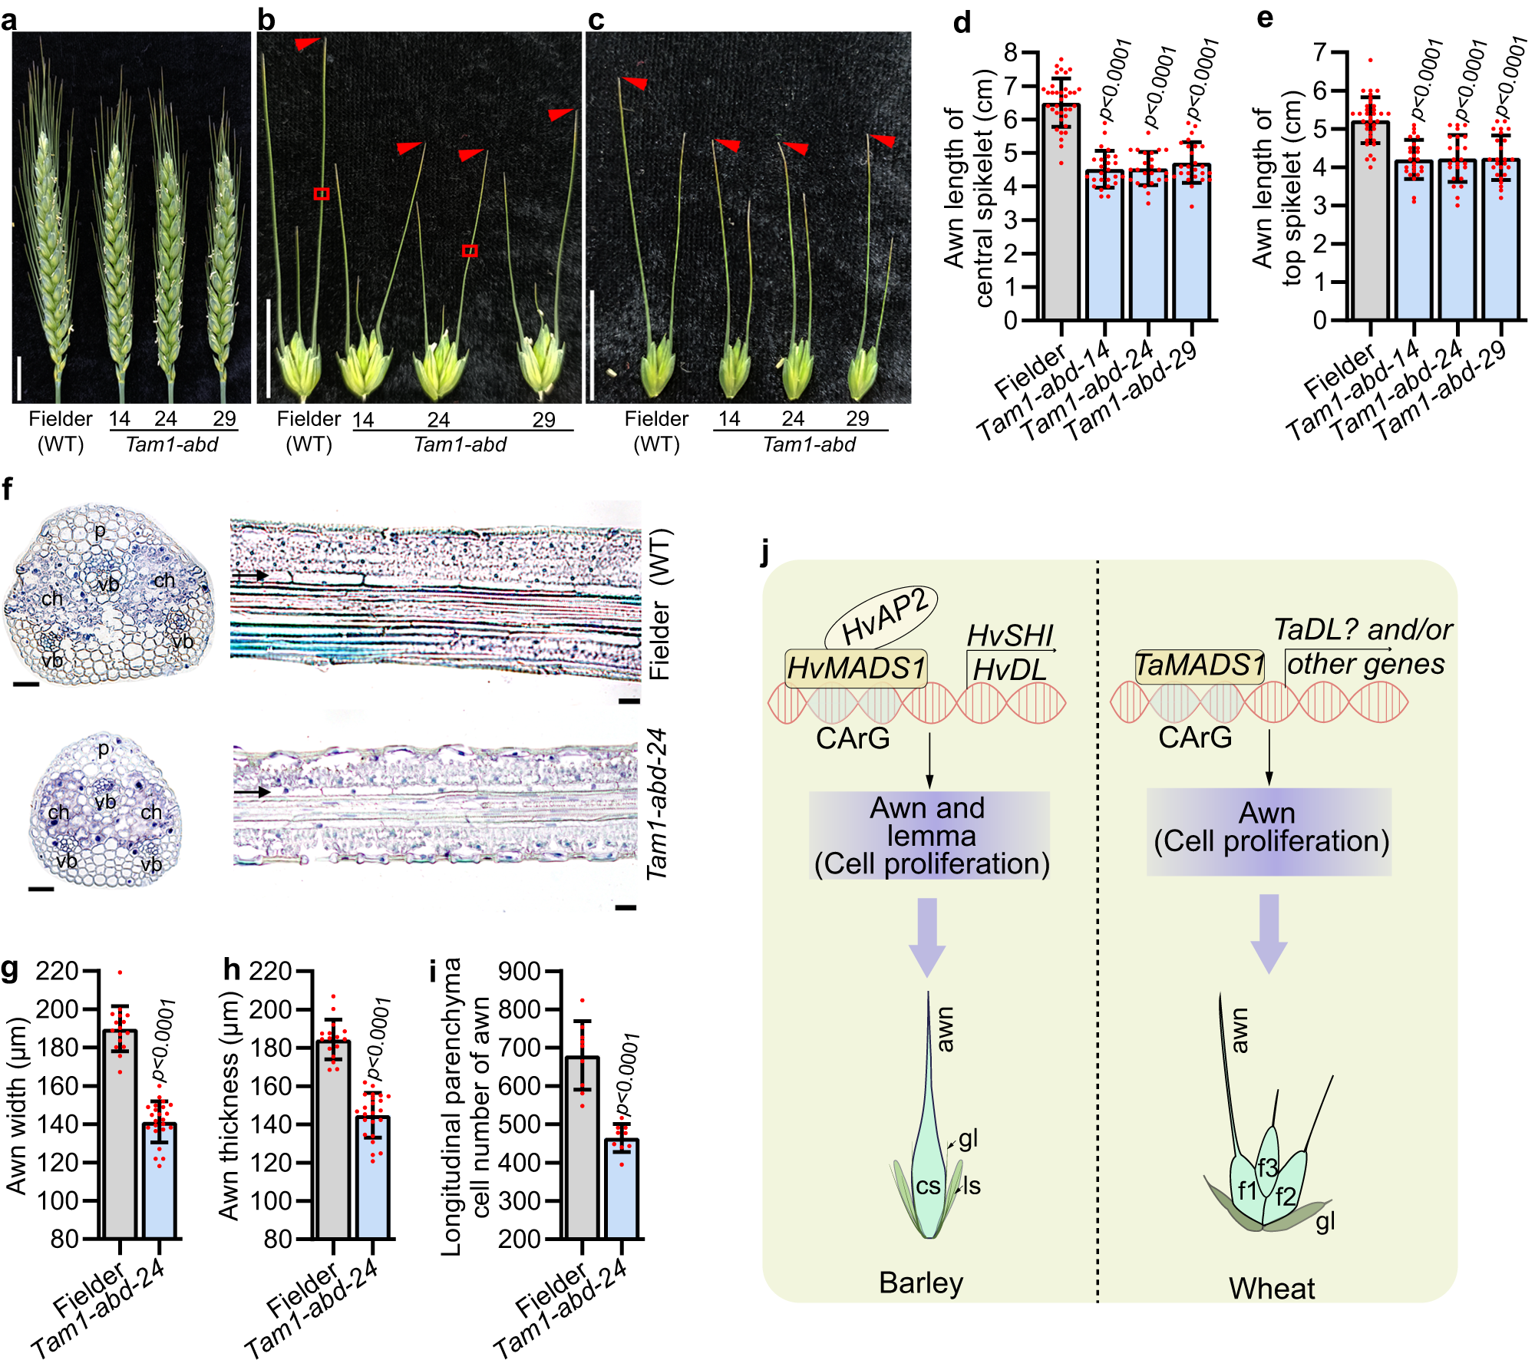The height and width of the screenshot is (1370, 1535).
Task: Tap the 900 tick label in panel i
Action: tap(519, 972)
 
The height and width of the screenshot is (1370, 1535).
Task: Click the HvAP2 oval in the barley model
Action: tap(881, 619)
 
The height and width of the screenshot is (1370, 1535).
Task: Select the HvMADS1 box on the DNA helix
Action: tap(856, 668)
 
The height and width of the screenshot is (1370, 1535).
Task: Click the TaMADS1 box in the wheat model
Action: tap(1200, 665)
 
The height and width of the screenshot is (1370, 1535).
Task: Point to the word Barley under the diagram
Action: tap(920, 1283)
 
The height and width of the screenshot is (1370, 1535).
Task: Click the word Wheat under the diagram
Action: tap(1271, 1289)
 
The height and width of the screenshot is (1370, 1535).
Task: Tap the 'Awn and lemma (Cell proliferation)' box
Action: tap(929, 836)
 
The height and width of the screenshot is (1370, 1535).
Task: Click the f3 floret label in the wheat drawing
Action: tap(1267, 1167)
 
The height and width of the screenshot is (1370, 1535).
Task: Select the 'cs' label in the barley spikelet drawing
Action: tap(928, 1187)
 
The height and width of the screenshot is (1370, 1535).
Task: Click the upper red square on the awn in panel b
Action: tap(322, 194)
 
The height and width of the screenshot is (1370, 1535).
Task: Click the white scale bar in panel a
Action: tap(18, 374)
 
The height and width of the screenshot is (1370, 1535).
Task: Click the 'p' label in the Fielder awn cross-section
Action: tap(100, 530)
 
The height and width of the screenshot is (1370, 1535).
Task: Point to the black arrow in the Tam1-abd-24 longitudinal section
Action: tap(252, 791)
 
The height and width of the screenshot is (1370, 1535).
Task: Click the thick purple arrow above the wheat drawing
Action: tap(1269, 933)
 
